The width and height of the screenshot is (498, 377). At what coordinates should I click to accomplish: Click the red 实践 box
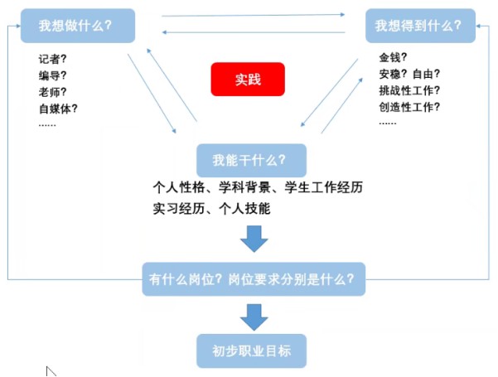(x=247, y=80)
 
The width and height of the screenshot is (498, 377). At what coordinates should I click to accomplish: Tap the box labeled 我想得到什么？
(x=419, y=26)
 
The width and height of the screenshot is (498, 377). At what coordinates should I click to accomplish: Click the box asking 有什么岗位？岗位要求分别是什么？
(x=253, y=278)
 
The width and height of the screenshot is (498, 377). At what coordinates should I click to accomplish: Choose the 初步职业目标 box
(x=251, y=350)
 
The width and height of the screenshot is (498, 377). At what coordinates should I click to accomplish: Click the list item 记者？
(x=52, y=59)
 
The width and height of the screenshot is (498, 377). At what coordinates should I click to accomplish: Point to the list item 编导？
(x=52, y=75)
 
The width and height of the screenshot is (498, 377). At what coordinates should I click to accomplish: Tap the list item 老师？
(x=52, y=91)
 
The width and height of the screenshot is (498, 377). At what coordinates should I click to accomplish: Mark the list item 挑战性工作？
(x=409, y=90)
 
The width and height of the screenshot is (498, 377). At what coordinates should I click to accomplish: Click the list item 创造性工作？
(x=409, y=106)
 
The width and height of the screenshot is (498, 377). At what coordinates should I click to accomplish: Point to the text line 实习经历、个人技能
(x=211, y=209)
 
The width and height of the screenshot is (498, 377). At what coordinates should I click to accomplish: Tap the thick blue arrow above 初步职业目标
(x=254, y=316)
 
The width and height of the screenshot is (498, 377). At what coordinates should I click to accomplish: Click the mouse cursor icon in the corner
(x=51, y=370)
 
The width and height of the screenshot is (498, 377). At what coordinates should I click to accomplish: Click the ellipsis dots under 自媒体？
(x=47, y=123)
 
